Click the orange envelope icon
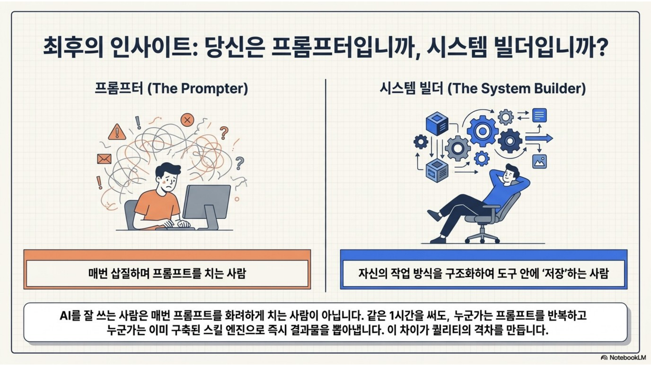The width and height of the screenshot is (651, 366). [x=104, y=159]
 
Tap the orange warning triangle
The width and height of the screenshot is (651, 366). [x=117, y=132]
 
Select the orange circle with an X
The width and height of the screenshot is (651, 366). [x=187, y=120]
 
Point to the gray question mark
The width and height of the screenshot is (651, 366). [x=240, y=163]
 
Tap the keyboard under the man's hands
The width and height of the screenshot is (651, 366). [x=175, y=228]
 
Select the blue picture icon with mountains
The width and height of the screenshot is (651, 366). [x=539, y=161]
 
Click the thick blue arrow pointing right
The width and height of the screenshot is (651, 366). [x=539, y=138]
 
